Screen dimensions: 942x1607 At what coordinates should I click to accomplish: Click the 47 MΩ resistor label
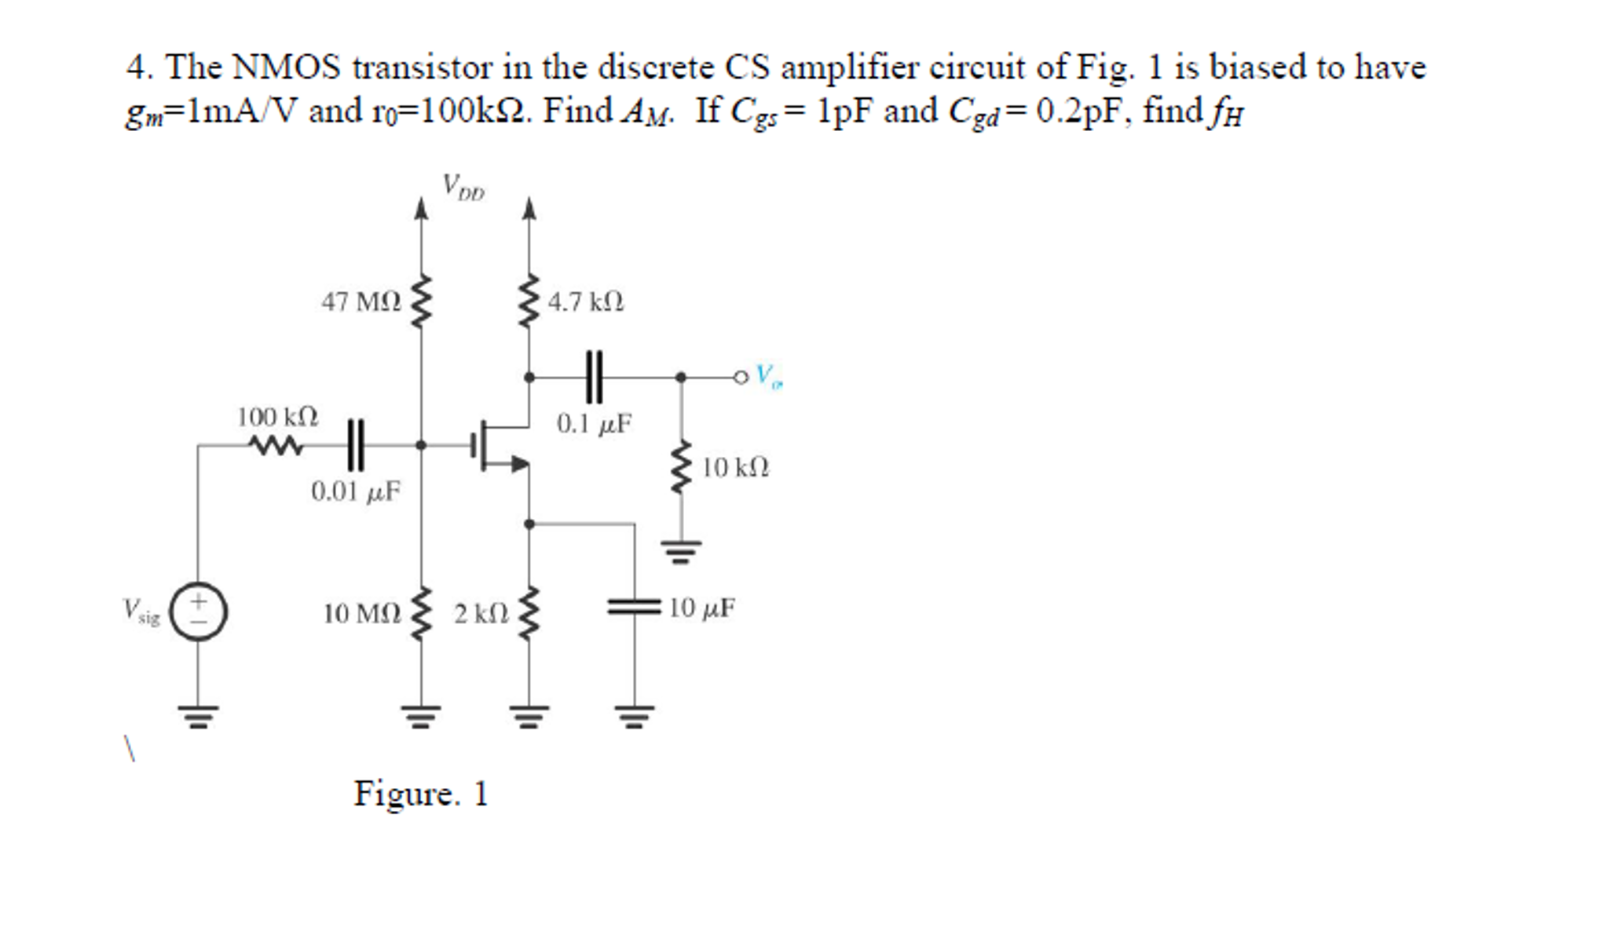361,301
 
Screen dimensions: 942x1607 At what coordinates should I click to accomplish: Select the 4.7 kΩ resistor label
586,301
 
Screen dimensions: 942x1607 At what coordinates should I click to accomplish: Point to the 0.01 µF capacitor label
355,491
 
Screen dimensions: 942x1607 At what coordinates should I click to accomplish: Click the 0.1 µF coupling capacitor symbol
594,377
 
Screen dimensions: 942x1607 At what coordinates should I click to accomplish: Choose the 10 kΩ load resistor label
735,468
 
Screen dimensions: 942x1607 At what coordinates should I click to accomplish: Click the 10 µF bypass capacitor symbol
634,607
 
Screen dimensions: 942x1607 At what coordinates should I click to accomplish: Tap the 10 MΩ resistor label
361,613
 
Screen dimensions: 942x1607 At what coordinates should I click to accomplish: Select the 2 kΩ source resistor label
481,613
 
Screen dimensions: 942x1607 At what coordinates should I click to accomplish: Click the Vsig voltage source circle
199,612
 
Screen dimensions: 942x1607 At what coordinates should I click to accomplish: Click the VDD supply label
463,188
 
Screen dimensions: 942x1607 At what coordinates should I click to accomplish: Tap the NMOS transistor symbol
499,445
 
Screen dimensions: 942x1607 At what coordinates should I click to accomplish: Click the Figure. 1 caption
421,794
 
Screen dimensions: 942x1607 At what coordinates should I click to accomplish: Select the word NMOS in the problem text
287,68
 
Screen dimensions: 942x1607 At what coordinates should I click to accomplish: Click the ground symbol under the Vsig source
198,716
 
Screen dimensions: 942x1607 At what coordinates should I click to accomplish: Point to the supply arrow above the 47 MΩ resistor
422,209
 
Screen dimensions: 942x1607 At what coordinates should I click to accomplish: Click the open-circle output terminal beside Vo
741,378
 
